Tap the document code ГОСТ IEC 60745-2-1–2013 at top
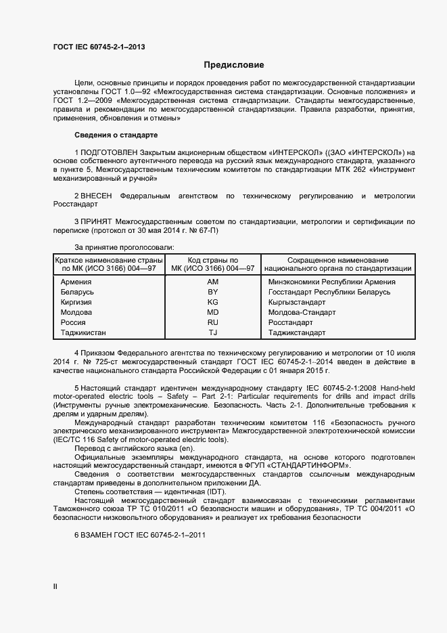(99, 47)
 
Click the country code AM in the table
(213, 282)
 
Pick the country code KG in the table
(213, 302)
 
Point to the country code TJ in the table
(213, 332)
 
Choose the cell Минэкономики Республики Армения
(331, 282)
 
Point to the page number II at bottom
(55, 587)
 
